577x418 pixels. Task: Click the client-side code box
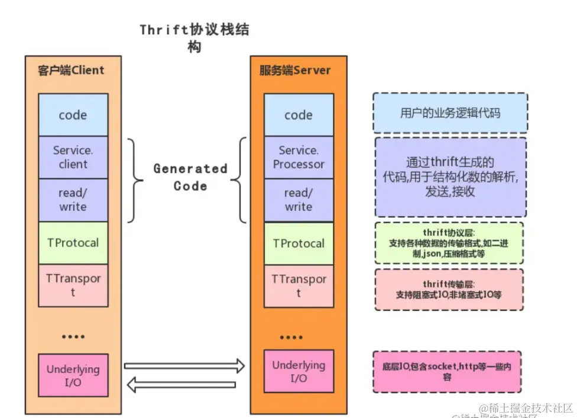click(73, 115)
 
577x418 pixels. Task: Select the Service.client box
click(73, 157)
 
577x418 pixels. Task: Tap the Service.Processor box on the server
click(299, 157)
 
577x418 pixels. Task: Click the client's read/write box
click(73, 200)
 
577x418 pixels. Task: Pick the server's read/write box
click(299, 200)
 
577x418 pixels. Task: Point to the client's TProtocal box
click(73, 243)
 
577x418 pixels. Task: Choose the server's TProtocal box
click(299, 243)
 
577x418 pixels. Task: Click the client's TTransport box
click(73, 285)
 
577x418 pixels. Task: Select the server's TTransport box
click(299, 286)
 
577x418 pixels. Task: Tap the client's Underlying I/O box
click(73, 375)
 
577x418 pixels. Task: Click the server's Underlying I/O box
click(299, 371)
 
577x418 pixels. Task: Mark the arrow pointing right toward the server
click(184, 366)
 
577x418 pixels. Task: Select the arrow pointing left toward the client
click(181, 385)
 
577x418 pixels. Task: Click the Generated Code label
click(190, 177)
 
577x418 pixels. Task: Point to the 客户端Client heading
click(71, 70)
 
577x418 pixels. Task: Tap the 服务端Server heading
click(295, 70)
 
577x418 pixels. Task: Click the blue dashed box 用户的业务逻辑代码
click(450, 112)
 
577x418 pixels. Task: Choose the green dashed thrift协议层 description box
click(449, 243)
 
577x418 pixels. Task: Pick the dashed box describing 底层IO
click(447, 372)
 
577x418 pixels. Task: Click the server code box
click(299, 115)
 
